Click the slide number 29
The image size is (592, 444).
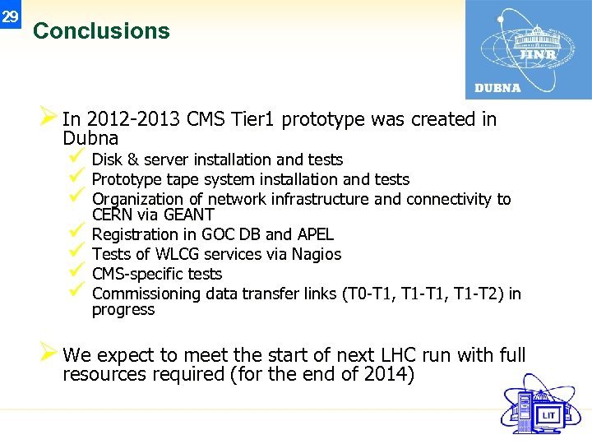pyautogui.click(x=10, y=16)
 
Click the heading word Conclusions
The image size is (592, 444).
pyautogui.click(x=101, y=31)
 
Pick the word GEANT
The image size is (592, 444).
pyautogui.click(x=189, y=215)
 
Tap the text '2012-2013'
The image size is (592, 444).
pyautogui.click(x=133, y=120)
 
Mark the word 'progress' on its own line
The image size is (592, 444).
pyautogui.click(x=123, y=310)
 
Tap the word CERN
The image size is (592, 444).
pyautogui.click(x=108, y=215)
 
